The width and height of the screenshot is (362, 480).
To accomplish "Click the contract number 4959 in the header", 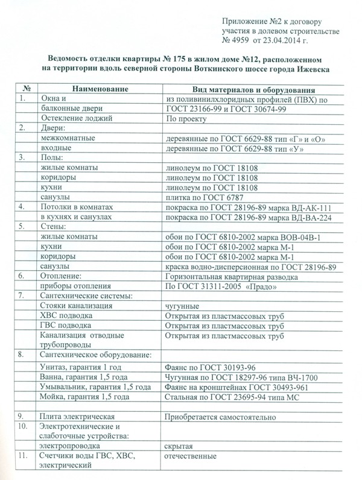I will (240, 41).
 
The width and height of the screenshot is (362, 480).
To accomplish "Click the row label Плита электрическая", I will (76, 417).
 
